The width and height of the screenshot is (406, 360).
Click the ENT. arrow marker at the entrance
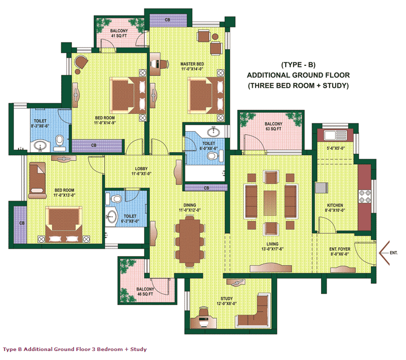click(384, 253)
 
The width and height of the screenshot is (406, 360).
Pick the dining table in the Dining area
click(190, 241)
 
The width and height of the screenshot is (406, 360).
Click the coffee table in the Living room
click(270, 203)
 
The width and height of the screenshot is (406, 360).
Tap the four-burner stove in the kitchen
click(365, 196)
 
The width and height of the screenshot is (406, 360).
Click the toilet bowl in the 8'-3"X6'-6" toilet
click(60, 140)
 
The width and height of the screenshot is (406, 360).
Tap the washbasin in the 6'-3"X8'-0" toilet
click(111, 216)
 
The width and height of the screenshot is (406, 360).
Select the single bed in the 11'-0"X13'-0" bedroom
click(37, 180)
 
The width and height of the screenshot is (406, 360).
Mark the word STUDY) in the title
click(336, 86)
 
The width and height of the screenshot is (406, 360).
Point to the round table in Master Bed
click(215, 37)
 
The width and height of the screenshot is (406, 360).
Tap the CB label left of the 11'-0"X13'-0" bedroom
click(22, 223)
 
